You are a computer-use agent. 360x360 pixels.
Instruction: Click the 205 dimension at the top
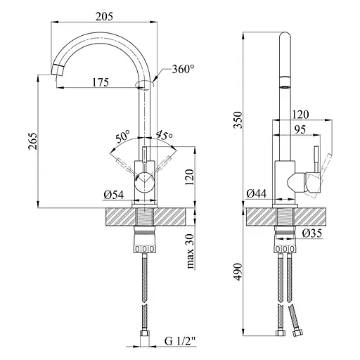tap(104, 16)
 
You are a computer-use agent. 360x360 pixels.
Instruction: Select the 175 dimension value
tap(101, 82)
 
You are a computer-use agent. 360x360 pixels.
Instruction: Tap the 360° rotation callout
tap(183, 69)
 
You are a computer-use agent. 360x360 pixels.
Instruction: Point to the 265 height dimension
tap(33, 141)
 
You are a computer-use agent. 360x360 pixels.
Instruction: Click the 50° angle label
tap(123, 136)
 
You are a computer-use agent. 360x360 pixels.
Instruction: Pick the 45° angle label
tap(165, 136)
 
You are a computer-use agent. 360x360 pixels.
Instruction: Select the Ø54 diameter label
tap(113, 195)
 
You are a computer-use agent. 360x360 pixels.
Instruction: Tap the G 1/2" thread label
tap(180, 342)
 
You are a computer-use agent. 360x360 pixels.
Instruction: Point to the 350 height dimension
tap(238, 120)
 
